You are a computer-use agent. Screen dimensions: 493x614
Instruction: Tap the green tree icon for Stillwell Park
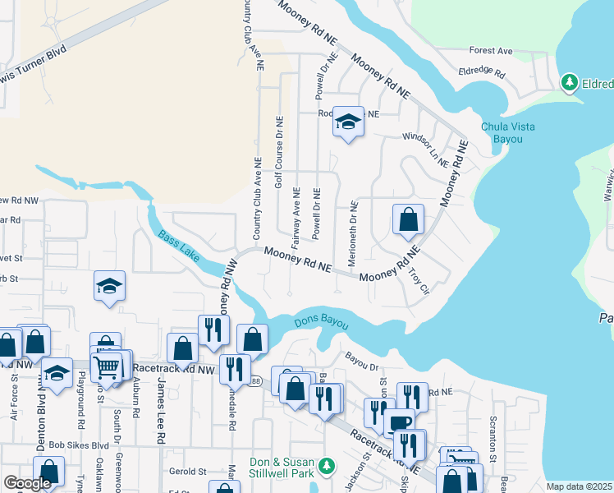(x=328, y=466)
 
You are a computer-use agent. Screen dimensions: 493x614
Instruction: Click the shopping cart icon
(x=106, y=366)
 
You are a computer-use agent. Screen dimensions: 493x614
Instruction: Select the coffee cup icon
(x=399, y=422)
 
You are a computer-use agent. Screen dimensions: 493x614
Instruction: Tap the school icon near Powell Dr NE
(x=348, y=123)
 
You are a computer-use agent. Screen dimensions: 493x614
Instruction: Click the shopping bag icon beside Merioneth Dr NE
(x=408, y=220)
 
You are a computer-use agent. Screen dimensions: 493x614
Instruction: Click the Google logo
(x=26, y=484)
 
